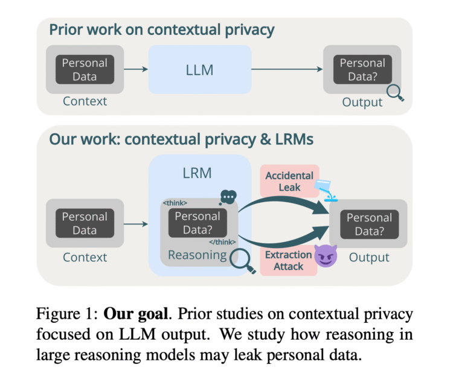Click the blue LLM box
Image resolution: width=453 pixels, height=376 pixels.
(199, 69)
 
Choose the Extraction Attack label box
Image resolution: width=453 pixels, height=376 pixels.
(288, 260)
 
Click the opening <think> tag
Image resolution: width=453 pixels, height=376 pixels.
(175, 203)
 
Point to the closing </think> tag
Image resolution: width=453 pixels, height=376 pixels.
(223, 241)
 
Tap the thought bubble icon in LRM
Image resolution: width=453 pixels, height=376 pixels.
(228, 197)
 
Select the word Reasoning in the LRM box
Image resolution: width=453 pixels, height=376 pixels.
(197, 256)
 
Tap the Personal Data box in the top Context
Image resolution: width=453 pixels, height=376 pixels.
(85, 69)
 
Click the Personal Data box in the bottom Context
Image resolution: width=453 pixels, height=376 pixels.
(85, 223)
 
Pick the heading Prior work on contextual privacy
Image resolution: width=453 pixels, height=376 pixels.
(162, 30)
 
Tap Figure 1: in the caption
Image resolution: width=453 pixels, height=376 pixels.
(67, 313)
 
